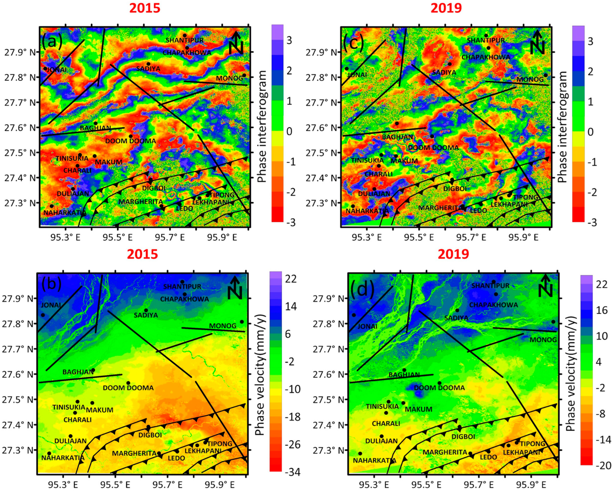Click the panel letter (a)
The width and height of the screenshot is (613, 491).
pos(52,42)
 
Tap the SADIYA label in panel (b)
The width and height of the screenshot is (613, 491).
pos(146,315)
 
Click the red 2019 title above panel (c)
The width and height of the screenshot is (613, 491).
pos(446,9)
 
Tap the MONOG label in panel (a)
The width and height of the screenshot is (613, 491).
pos(229,78)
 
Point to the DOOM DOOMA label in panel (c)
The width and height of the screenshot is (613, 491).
pos(433,148)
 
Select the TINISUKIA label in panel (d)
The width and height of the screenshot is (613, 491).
pos(382,406)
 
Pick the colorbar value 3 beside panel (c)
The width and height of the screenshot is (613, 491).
pos(590,42)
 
